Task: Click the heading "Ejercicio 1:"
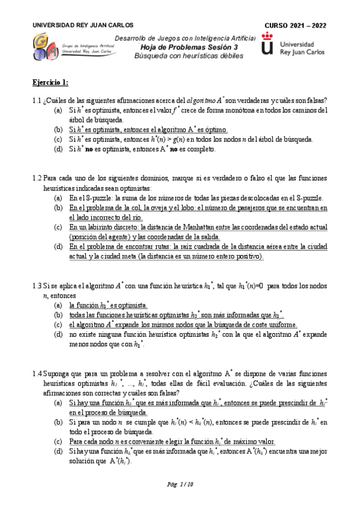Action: [50, 82]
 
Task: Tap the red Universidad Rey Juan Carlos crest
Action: [268, 47]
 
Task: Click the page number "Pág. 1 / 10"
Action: [180, 485]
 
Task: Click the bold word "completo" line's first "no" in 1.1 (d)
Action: [88, 149]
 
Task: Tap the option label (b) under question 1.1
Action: [58, 129]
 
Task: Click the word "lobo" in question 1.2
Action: [165, 208]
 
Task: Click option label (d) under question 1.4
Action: [58, 451]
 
